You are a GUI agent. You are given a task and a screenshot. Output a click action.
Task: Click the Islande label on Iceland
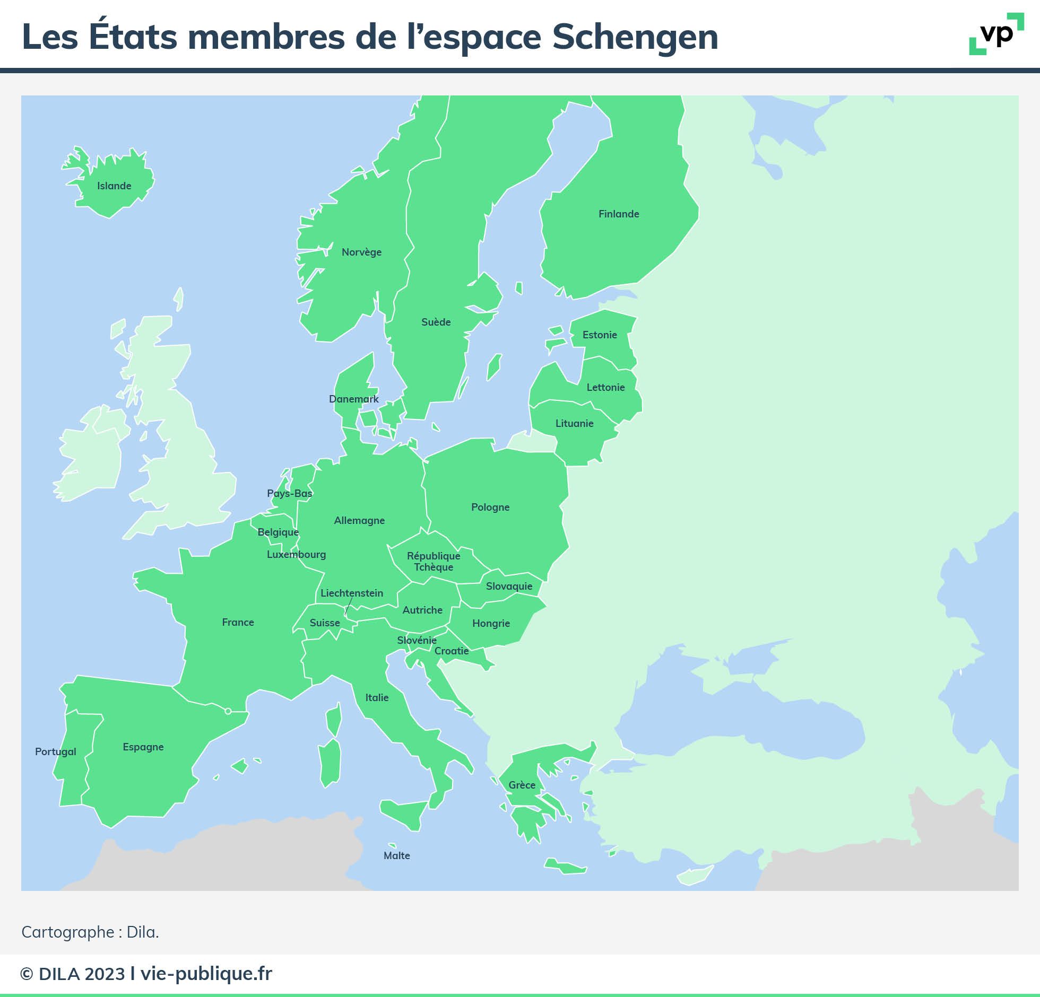click(x=114, y=186)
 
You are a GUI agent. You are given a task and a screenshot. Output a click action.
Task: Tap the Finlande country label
click(x=619, y=214)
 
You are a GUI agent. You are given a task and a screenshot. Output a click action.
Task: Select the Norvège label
click(x=361, y=252)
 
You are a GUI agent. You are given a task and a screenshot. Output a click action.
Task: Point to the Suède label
click(x=436, y=322)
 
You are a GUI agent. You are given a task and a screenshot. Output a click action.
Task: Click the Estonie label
click(x=600, y=335)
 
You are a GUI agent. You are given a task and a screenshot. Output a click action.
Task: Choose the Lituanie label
click(x=574, y=424)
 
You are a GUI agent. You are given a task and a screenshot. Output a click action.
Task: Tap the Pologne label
click(x=490, y=508)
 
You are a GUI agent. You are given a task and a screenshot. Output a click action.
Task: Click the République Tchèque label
click(x=434, y=562)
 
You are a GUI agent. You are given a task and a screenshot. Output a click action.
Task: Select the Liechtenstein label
click(x=352, y=593)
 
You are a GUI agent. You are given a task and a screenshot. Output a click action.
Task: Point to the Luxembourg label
click(x=296, y=555)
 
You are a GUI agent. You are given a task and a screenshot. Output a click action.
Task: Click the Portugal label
click(x=56, y=752)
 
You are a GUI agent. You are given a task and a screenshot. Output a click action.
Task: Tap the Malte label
click(x=397, y=856)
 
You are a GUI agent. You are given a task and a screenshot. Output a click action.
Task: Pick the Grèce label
click(x=522, y=785)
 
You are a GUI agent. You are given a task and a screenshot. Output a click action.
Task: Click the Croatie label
click(x=452, y=651)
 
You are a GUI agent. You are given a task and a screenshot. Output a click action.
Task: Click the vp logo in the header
click(x=996, y=34)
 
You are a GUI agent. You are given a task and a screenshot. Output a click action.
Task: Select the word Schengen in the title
click(x=635, y=37)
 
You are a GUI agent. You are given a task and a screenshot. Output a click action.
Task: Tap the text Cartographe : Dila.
click(x=90, y=932)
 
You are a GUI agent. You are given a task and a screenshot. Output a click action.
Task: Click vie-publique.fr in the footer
click(x=206, y=974)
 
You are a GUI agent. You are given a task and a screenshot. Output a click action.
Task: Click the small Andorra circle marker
click(x=228, y=711)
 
